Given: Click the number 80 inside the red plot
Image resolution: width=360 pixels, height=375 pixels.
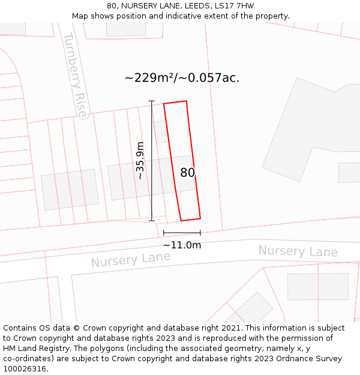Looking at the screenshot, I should (187, 173).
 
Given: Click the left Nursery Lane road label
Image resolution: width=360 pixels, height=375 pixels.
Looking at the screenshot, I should (130, 259).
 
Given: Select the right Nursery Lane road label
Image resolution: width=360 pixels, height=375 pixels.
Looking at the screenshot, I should (298, 251).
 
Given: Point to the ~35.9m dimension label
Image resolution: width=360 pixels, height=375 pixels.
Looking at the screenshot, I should (140, 160).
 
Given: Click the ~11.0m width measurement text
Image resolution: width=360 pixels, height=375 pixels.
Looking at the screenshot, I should (182, 245).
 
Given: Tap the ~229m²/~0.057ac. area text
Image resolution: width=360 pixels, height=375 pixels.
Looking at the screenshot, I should (182, 78).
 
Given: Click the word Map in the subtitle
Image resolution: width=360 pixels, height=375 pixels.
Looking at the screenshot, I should (80, 16).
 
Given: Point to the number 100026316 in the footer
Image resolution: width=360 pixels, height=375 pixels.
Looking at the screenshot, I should (24, 369).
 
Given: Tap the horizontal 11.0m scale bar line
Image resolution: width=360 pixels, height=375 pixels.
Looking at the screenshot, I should (182, 232).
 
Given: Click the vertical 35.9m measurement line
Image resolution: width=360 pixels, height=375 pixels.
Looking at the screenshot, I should (151, 160).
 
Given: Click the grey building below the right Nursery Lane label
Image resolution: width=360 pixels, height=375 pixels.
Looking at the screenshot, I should (317, 286).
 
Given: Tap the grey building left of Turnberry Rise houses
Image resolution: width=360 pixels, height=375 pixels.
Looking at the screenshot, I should (70, 189).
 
